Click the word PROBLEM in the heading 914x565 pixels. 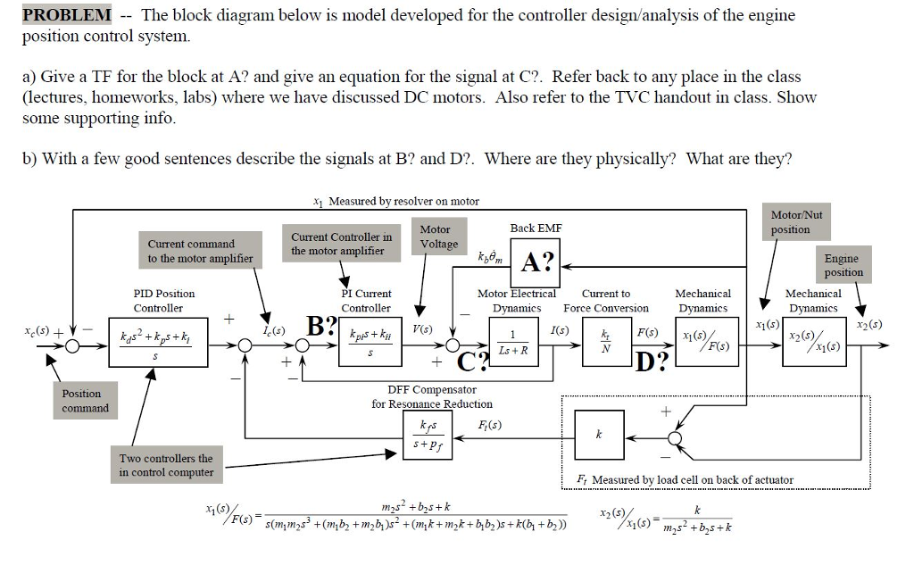pyautogui.click(x=67, y=15)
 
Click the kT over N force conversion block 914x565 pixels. pyautogui.click(x=607, y=345)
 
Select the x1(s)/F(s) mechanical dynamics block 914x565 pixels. pyautogui.click(x=704, y=345)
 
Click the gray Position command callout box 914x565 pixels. pyautogui.click(x=86, y=401)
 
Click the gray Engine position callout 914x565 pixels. pyautogui.click(x=843, y=265)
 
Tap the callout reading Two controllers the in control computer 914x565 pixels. pyautogui.click(x=166, y=465)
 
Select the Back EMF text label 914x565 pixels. pyautogui.click(x=536, y=228)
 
